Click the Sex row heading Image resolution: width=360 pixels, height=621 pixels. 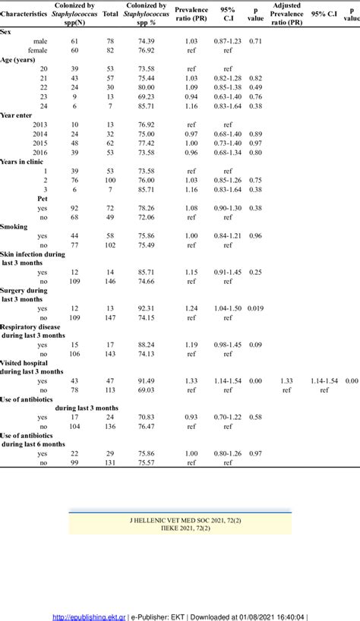click(7, 31)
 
